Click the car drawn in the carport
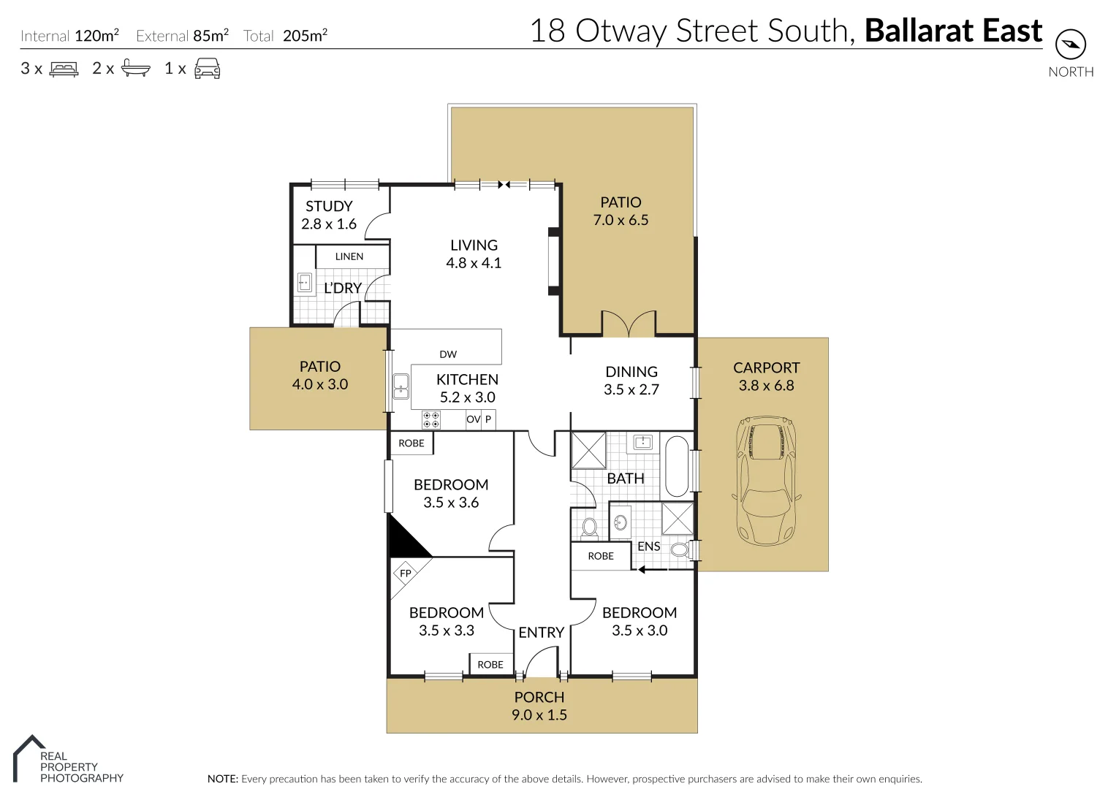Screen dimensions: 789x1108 coord(765,481)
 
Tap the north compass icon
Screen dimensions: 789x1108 coord(1071,45)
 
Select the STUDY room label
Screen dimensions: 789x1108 coord(329,207)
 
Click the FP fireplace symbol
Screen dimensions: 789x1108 coord(406,573)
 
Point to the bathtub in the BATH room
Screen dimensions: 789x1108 coord(677,467)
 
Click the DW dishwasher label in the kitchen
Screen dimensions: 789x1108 coord(448,354)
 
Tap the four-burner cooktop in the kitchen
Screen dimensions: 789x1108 coord(431,419)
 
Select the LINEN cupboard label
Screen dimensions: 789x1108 coord(349,256)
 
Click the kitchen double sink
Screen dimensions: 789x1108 coord(401,386)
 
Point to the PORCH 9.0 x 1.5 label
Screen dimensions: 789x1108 coord(539,706)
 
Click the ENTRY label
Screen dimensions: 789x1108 coord(541,633)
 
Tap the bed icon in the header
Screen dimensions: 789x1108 coord(64,69)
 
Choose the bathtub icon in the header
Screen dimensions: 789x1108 coord(135,69)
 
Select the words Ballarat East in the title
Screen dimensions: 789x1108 coord(953,31)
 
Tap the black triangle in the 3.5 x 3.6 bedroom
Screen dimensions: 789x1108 coord(404,540)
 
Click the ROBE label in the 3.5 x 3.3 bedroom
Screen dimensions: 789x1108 coord(490,665)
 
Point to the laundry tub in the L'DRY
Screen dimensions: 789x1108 coord(305,283)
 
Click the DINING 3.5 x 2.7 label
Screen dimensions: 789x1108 coord(631,381)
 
